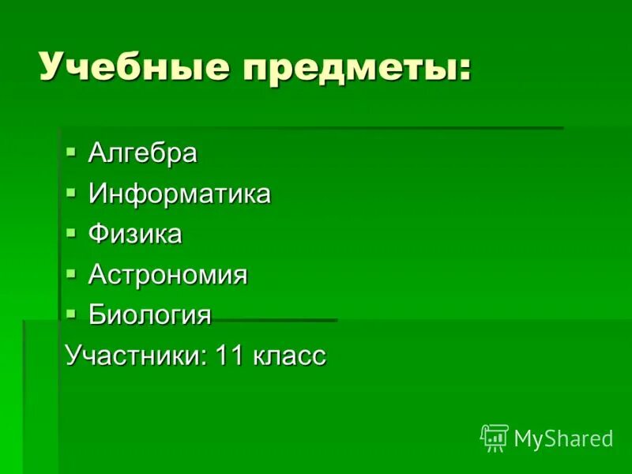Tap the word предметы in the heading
click(348, 69)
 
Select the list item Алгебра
click(143, 152)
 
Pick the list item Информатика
click(179, 194)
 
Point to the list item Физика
click(135, 235)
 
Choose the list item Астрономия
click(167, 275)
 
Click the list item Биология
click(150, 316)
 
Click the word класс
click(290, 356)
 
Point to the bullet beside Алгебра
click(71, 149)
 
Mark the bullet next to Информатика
click(71, 190)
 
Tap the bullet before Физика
click(71, 231)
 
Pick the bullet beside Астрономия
click(71, 273)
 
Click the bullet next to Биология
click(71, 313)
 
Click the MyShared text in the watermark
click(563, 438)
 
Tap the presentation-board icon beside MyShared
click(495, 437)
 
